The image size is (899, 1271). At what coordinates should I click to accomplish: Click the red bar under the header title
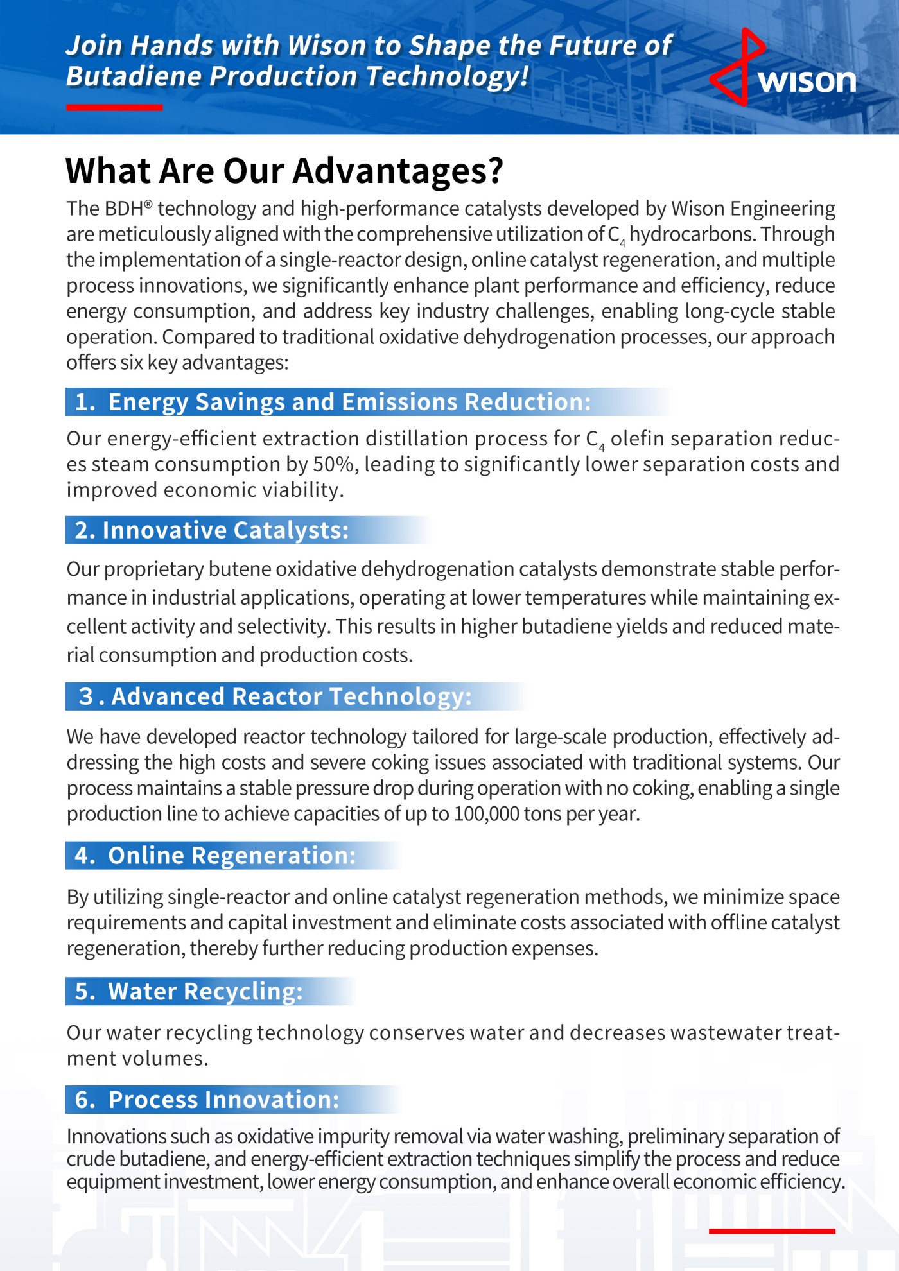point(114,107)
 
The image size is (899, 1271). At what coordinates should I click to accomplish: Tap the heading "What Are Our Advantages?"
point(284,171)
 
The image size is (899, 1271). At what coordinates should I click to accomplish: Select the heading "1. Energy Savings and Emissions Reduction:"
point(333,402)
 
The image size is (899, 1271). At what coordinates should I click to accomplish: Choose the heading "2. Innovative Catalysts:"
point(212,530)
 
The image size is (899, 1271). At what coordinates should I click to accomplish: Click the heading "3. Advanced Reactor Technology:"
point(275,696)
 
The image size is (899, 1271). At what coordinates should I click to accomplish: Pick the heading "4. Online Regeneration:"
point(215,856)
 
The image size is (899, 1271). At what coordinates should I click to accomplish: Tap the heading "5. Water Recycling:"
point(189,992)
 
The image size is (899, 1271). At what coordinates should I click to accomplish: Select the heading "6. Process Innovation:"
point(207,1100)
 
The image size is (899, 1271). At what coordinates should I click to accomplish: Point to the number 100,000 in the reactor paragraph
point(486,814)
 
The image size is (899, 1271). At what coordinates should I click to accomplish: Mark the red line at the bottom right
point(772,1231)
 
